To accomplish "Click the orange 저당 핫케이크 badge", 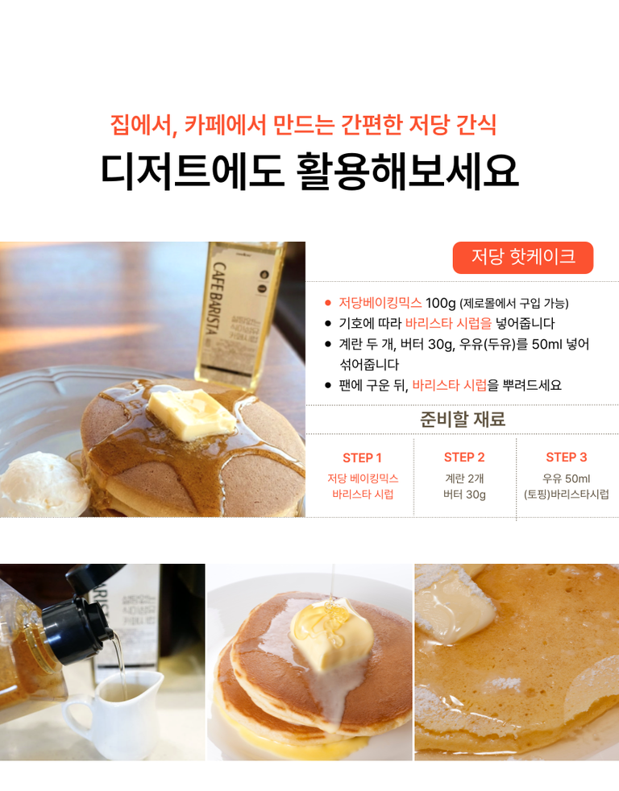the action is click(522, 257).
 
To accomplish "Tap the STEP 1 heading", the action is click(362, 458).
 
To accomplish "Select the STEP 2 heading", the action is click(464, 458).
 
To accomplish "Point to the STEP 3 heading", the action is click(566, 458).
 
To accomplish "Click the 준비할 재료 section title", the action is click(463, 419).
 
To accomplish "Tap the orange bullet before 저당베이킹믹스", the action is click(328, 303).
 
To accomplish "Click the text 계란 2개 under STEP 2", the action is click(464, 478).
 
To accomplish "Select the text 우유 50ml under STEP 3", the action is click(566, 478).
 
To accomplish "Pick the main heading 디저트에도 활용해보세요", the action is click(309, 171).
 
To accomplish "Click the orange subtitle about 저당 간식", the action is click(303, 125).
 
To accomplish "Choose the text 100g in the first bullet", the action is click(440, 303).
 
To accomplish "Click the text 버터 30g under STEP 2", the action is click(464, 495).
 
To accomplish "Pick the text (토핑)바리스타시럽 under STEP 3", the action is click(566, 495).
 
